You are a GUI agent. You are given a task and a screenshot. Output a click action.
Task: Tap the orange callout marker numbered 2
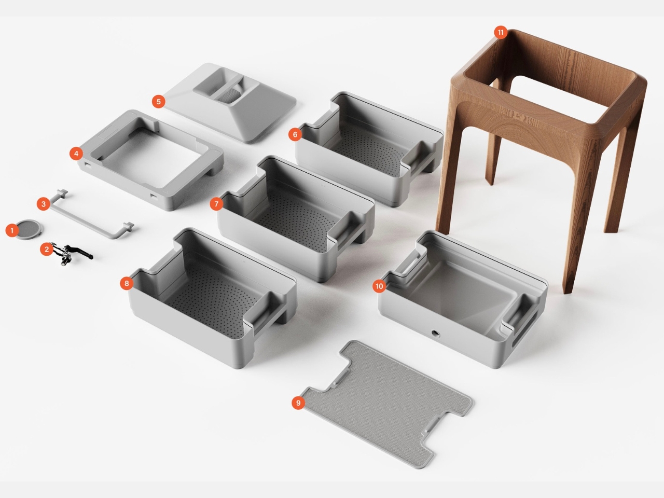click(47, 250)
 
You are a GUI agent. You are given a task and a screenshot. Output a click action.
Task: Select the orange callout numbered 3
click(43, 204)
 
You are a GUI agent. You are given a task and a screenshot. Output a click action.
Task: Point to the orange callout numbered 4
click(76, 154)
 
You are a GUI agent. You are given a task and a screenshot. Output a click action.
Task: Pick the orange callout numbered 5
click(159, 101)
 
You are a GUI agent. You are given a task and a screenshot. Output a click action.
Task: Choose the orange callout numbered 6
click(295, 135)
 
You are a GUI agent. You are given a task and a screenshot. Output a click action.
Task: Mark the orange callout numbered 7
click(217, 204)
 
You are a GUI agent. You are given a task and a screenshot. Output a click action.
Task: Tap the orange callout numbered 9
click(298, 403)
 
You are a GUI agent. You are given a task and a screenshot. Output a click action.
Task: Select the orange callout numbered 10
click(379, 286)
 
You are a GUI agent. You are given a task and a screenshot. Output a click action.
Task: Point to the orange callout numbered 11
click(501, 33)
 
